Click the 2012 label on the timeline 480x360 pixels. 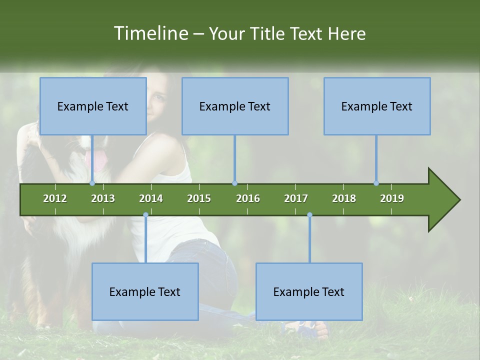pos(55,198)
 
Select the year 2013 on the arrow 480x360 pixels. pos(103,198)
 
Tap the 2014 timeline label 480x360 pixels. pos(151,198)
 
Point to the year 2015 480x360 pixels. pos(199,198)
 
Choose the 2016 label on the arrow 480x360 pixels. pos(248,198)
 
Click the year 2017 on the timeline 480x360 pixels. pos(296,198)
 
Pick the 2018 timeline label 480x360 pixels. pos(344,198)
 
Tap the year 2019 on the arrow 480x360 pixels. pos(392,198)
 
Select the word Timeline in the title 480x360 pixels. pos(150,33)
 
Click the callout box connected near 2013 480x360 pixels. pos(93,106)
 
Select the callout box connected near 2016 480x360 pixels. pos(235,106)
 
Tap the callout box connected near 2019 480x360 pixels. pos(377,106)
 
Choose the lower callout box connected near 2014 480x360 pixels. pos(145,291)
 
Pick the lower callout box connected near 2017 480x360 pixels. pos(309,291)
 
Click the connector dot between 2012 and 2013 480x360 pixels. pos(92,183)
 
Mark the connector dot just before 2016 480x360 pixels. pos(234,183)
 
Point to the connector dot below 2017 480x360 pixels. pos(309,214)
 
